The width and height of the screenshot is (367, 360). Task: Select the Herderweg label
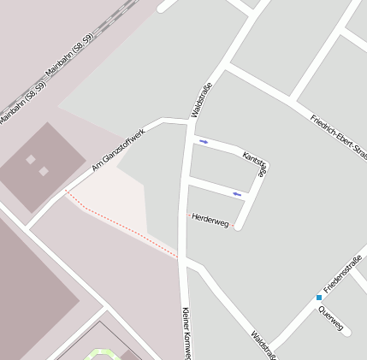(x=210, y=220)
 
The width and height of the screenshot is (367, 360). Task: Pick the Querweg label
(x=329, y=318)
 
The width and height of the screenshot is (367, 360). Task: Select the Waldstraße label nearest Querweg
(x=263, y=344)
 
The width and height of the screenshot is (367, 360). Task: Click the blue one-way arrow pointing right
(x=204, y=141)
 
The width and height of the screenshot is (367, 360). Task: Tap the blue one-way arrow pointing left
(x=237, y=195)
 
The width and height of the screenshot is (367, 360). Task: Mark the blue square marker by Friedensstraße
(x=319, y=298)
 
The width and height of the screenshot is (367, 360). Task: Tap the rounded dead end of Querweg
(x=346, y=331)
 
